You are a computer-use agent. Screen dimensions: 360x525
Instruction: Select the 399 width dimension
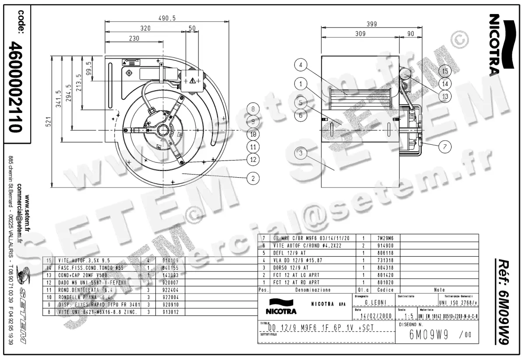coord(371,24)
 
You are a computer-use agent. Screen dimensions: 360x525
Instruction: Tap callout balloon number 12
coord(253,160)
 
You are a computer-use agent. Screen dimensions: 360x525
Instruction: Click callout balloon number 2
coord(253,178)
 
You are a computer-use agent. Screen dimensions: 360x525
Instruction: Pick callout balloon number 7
coord(444,147)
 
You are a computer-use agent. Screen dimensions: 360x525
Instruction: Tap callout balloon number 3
coord(300,153)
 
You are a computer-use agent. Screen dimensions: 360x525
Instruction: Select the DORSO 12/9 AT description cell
coord(291,267)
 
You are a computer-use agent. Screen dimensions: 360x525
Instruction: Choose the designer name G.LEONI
coord(374,302)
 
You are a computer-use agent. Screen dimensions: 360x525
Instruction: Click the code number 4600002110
coord(16,87)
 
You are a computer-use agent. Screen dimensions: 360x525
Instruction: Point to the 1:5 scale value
coord(409,316)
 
